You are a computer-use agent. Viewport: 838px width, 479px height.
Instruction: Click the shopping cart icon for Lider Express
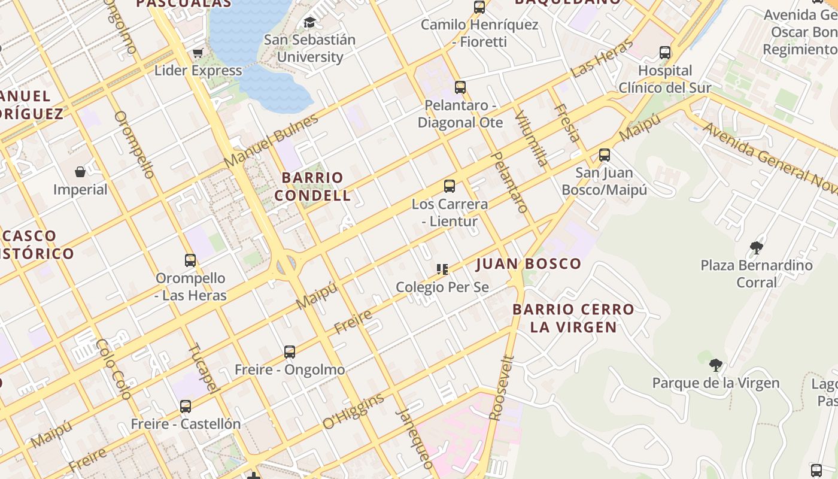click(x=198, y=53)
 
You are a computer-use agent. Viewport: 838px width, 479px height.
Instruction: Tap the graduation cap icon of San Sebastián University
click(x=309, y=23)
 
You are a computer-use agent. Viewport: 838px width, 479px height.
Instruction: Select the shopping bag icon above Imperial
click(x=80, y=172)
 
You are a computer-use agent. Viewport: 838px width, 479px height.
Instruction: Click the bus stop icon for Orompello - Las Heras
click(x=190, y=260)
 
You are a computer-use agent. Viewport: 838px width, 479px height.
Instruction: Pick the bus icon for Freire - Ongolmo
click(x=290, y=352)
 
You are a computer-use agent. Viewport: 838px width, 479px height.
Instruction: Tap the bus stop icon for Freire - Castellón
click(x=186, y=407)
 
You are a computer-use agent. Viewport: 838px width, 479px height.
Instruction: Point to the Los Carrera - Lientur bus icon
click(x=450, y=186)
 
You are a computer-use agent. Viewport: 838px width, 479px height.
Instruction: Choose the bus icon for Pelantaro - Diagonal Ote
click(x=460, y=87)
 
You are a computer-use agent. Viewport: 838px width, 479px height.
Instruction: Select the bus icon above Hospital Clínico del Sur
click(x=665, y=53)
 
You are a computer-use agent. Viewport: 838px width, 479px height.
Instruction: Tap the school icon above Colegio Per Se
click(x=442, y=269)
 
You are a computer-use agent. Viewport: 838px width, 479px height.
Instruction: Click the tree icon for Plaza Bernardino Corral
click(x=757, y=247)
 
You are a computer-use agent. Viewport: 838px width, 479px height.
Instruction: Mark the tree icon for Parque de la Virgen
click(x=715, y=365)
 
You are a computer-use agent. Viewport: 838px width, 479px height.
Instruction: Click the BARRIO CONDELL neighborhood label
click(x=312, y=186)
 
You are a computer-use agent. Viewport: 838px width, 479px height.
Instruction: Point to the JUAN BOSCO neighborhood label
click(x=529, y=264)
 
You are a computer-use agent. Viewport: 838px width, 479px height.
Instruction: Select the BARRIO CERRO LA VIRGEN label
click(x=573, y=318)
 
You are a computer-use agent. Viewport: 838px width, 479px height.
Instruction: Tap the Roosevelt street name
click(x=502, y=388)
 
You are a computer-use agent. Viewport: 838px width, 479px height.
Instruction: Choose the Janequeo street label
click(x=414, y=438)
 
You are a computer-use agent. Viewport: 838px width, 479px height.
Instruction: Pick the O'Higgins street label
click(x=353, y=411)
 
